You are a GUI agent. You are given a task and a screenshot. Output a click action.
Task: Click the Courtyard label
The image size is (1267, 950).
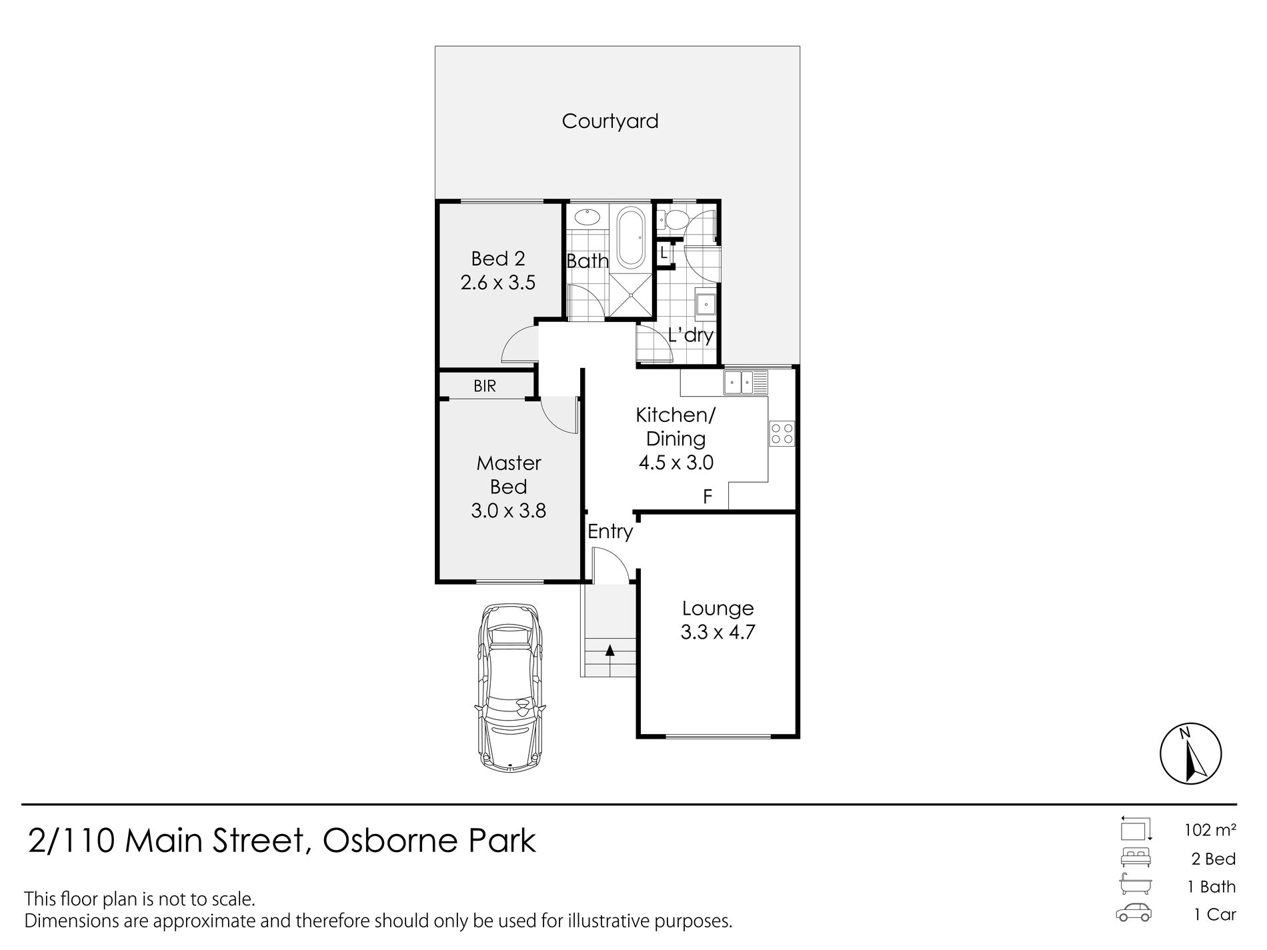pos(610,122)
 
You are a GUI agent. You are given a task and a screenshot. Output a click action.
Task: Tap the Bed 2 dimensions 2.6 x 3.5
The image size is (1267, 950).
pos(498,283)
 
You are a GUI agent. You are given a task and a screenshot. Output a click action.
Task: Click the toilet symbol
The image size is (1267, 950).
pos(669,219)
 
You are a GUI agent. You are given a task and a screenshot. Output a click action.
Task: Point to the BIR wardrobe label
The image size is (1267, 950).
pos(485,386)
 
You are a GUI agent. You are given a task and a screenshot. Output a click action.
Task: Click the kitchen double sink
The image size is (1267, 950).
pos(746,383)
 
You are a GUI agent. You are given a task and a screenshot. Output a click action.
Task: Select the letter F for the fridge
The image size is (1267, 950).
pos(708,497)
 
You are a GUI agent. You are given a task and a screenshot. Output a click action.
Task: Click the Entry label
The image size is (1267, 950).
pos(610,532)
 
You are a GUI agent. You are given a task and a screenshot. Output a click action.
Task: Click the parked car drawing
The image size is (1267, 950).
pos(509,688)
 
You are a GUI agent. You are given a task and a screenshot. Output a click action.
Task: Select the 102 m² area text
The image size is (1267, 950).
pos(1210,830)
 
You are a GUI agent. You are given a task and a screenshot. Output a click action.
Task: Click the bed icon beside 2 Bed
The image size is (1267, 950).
pos(1136,857)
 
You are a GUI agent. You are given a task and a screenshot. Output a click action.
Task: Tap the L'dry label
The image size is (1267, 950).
pos(691,335)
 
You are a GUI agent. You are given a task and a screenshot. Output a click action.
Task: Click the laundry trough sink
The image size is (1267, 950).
pos(705,305)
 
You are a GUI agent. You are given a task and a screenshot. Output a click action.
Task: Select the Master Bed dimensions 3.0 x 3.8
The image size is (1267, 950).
pos(508,511)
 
